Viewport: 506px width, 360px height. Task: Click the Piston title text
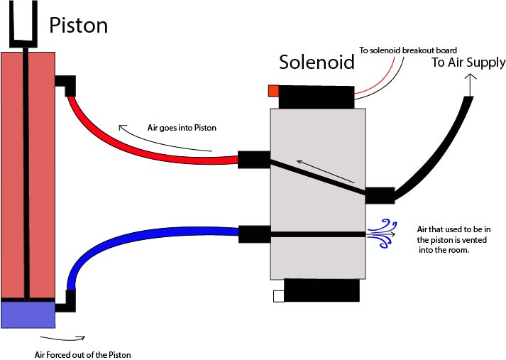pyautogui.click(x=78, y=26)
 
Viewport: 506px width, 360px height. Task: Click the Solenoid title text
pyautogui.click(x=317, y=62)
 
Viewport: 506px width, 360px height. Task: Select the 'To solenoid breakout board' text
pyautogui.click(x=407, y=50)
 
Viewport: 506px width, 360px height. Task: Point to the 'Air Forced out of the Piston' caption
pyautogui.click(x=82, y=354)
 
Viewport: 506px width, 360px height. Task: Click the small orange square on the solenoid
pyautogui.click(x=273, y=91)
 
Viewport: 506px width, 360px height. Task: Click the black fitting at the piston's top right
pyautogui.click(x=66, y=84)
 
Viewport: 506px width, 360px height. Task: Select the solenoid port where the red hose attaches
pyautogui.click(x=253, y=160)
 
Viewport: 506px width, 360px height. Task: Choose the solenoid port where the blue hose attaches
pyautogui.click(x=253, y=234)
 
